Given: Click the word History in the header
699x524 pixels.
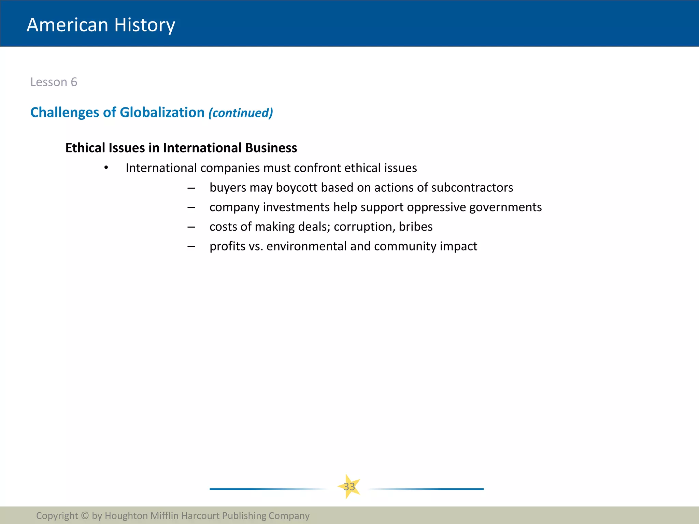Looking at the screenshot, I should click(144, 25).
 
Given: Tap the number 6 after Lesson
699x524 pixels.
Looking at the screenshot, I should click(74, 82).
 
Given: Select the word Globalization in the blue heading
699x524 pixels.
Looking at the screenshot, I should click(162, 113).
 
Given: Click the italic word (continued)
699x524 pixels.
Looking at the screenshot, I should click(241, 113).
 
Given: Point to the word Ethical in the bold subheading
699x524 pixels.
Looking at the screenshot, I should click(85, 148).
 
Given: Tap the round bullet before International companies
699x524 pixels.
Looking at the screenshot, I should click(106, 168).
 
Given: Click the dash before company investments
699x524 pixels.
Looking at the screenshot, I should click(191, 207).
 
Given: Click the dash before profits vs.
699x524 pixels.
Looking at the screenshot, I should click(191, 246).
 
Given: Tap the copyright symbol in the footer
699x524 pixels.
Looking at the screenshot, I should click(85, 515).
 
